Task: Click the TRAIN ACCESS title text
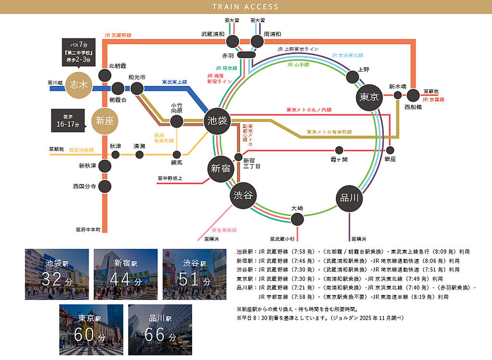[246, 7]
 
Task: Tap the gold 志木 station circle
[78, 85]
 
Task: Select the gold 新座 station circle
[104, 120]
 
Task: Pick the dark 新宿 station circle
[221, 168]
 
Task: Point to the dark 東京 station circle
[369, 97]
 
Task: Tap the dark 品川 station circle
[349, 198]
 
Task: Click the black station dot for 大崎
[297, 219]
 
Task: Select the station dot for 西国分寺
[105, 186]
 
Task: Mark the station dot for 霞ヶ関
[339, 150]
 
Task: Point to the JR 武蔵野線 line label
[118, 35]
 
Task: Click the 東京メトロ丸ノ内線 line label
[308, 110]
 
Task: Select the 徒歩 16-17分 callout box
[68, 120]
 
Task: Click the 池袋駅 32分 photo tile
[57, 274]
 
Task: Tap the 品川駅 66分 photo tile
[160, 329]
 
